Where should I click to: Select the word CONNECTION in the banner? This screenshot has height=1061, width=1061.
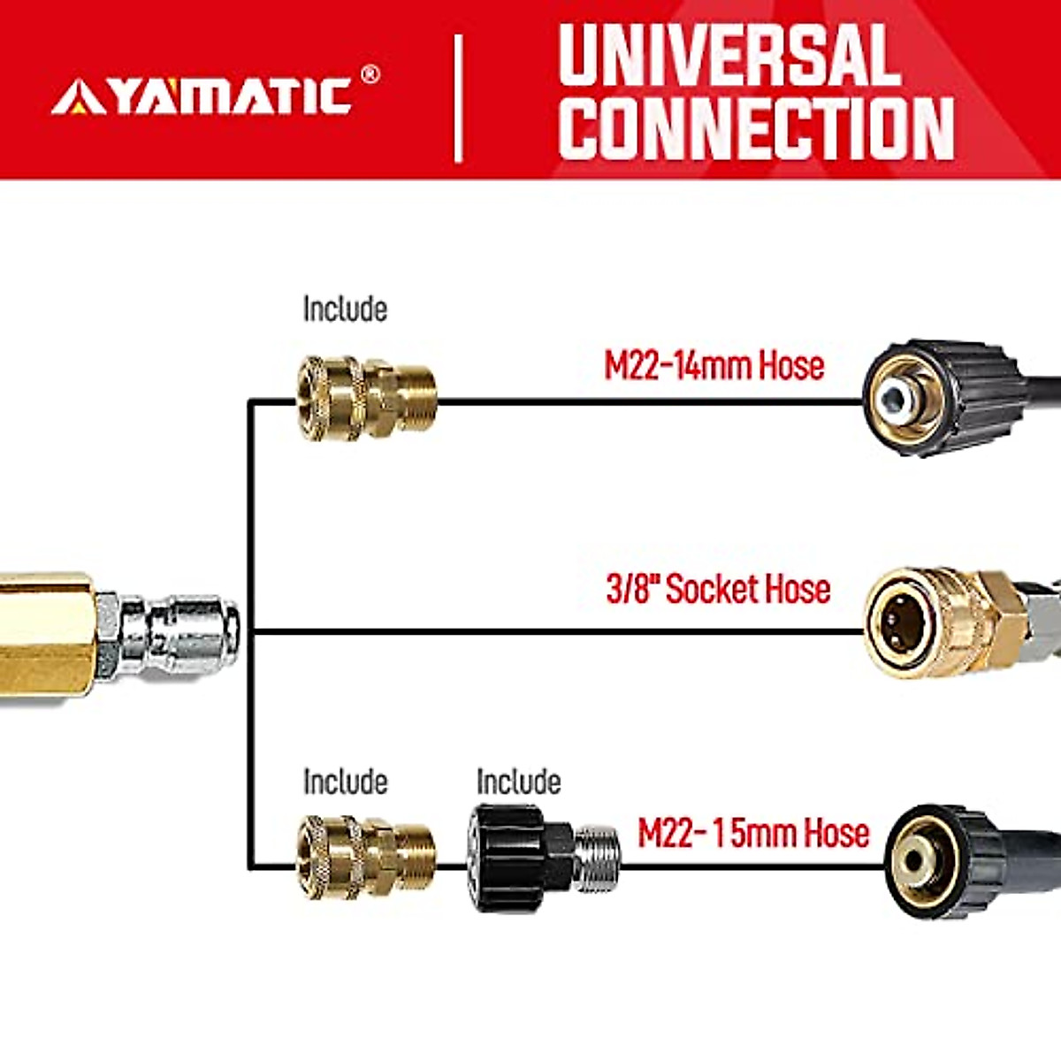tap(756, 127)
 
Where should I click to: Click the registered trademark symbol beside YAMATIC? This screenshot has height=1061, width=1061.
tap(370, 74)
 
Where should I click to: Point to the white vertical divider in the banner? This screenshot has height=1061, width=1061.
tap(458, 98)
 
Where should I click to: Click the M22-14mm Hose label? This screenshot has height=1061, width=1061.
tap(714, 365)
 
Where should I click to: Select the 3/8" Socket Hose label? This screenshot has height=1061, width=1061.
tap(717, 589)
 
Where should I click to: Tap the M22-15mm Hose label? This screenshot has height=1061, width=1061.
tap(753, 833)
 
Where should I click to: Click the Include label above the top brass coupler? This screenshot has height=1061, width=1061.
tap(345, 309)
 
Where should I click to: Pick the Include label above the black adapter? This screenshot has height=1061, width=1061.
tap(518, 782)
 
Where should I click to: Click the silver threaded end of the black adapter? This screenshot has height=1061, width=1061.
tap(597, 858)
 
